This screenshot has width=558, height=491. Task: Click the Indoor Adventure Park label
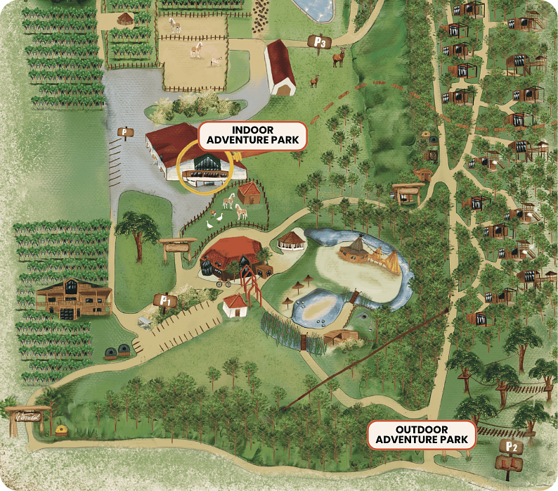(252, 135)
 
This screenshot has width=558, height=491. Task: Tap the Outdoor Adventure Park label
(422, 435)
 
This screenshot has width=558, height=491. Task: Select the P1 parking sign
(166, 301)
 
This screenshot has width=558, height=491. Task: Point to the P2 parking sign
(511, 447)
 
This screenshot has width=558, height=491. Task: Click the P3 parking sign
(320, 42)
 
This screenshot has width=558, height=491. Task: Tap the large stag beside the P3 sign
(339, 57)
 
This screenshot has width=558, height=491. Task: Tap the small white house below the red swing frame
(235, 305)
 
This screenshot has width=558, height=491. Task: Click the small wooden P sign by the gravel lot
(126, 132)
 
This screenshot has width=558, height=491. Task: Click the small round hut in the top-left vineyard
(124, 18)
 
